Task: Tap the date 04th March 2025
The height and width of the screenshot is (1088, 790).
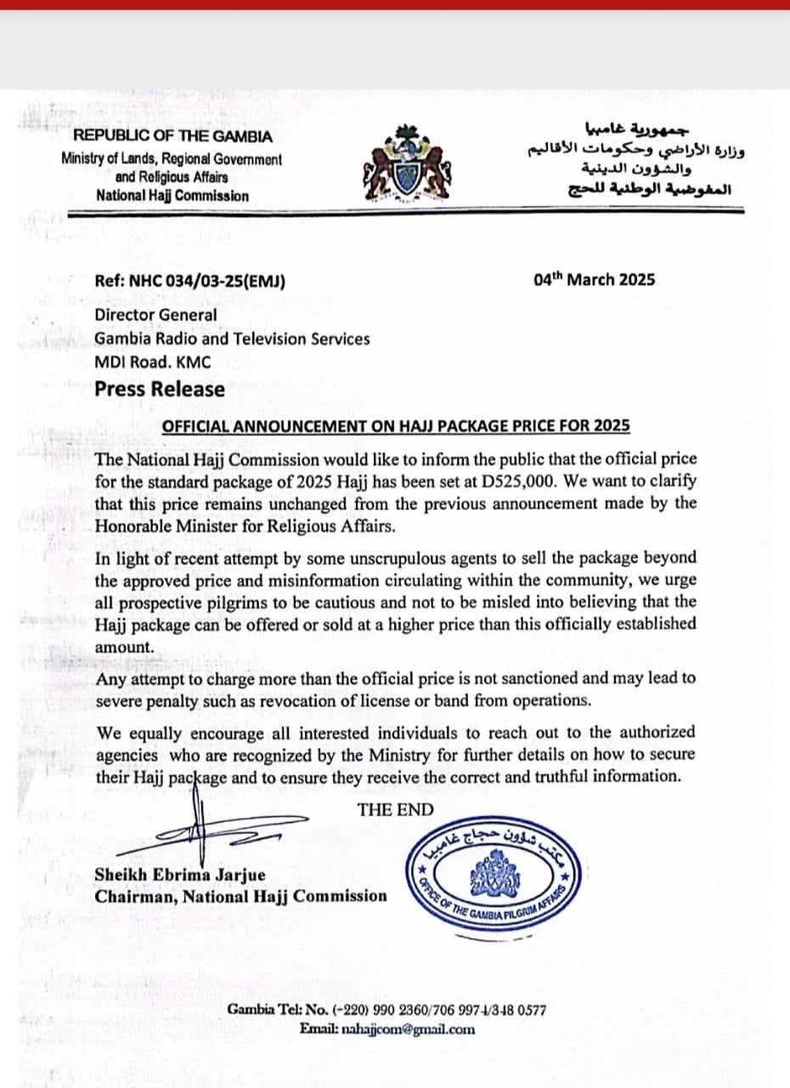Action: click(x=594, y=280)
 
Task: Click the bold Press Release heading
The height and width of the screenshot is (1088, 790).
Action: click(x=160, y=389)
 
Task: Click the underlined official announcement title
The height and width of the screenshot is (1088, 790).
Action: click(x=395, y=426)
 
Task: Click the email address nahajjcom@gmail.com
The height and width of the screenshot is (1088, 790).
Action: click(x=408, y=1029)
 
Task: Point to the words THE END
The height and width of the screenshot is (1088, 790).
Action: click(x=395, y=809)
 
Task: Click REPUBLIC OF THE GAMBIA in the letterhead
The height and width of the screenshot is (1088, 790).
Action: click(x=172, y=136)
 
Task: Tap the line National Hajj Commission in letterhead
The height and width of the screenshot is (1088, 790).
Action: click(x=172, y=195)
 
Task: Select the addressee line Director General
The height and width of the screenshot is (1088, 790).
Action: click(x=155, y=314)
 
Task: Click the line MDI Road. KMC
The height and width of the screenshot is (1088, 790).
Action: click(x=153, y=362)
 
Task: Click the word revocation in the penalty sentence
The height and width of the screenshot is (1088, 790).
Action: click(x=384, y=700)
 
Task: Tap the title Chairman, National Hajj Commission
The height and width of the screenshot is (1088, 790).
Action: click(x=240, y=896)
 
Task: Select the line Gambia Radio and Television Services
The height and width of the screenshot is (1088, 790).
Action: click(x=232, y=338)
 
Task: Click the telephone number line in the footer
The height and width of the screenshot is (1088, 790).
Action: click(x=387, y=1011)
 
